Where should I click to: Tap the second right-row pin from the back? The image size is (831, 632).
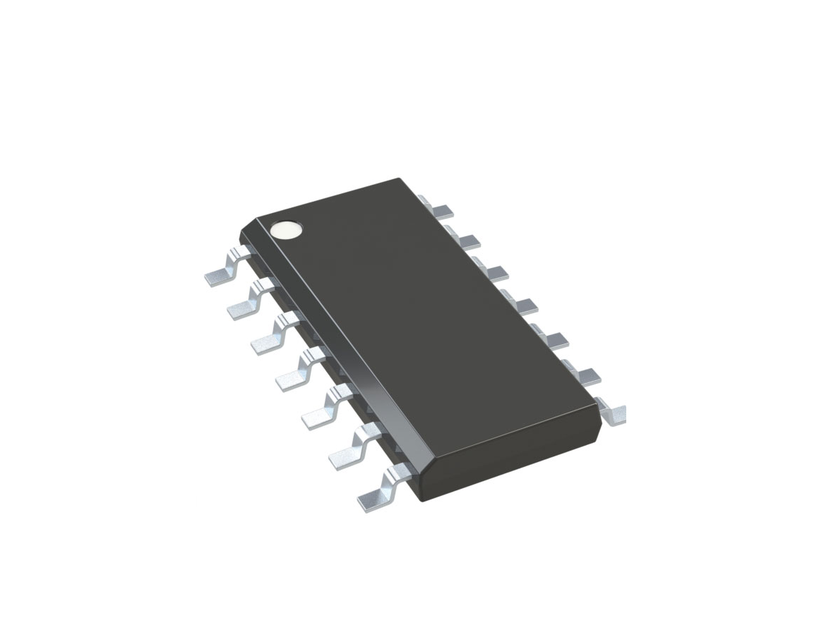point(466,241)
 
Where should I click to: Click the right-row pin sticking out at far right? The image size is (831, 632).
point(613,412)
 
